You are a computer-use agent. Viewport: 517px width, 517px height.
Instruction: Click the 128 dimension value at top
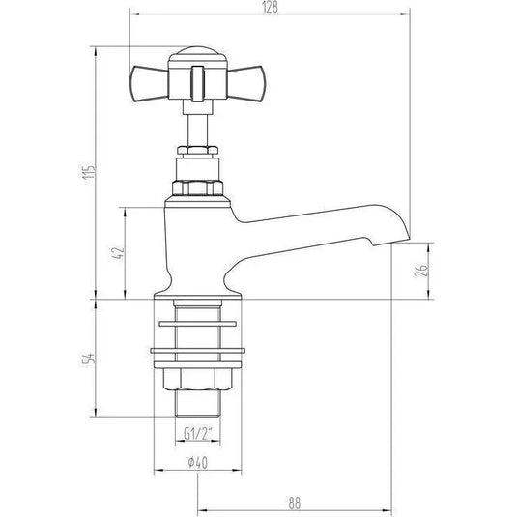pos(270,8)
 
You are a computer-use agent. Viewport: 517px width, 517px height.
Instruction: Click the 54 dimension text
pos(87,359)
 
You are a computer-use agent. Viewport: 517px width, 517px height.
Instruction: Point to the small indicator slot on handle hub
pos(196,79)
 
